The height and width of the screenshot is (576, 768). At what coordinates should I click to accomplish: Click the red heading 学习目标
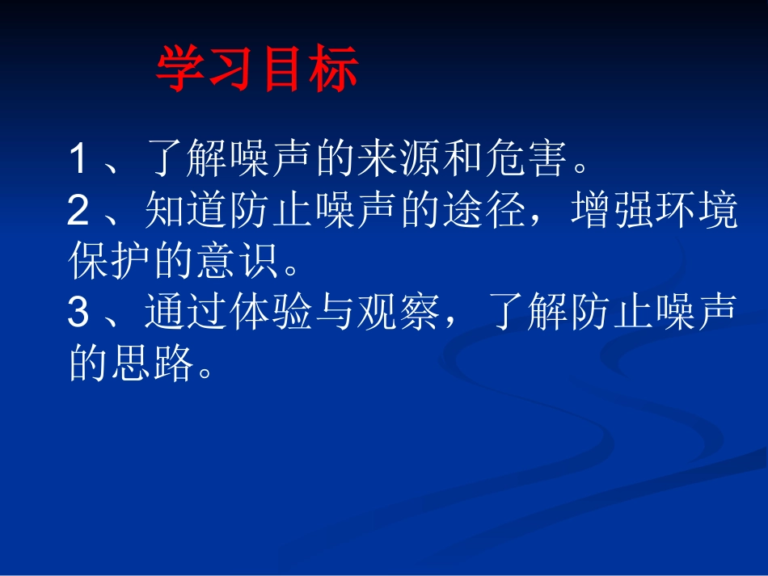[256, 69]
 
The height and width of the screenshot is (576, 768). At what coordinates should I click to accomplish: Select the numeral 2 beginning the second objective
[78, 211]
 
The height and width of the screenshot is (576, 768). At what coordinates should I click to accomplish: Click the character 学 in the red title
[180, 69]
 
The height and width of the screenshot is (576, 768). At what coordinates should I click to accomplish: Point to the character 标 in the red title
[333, 69]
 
